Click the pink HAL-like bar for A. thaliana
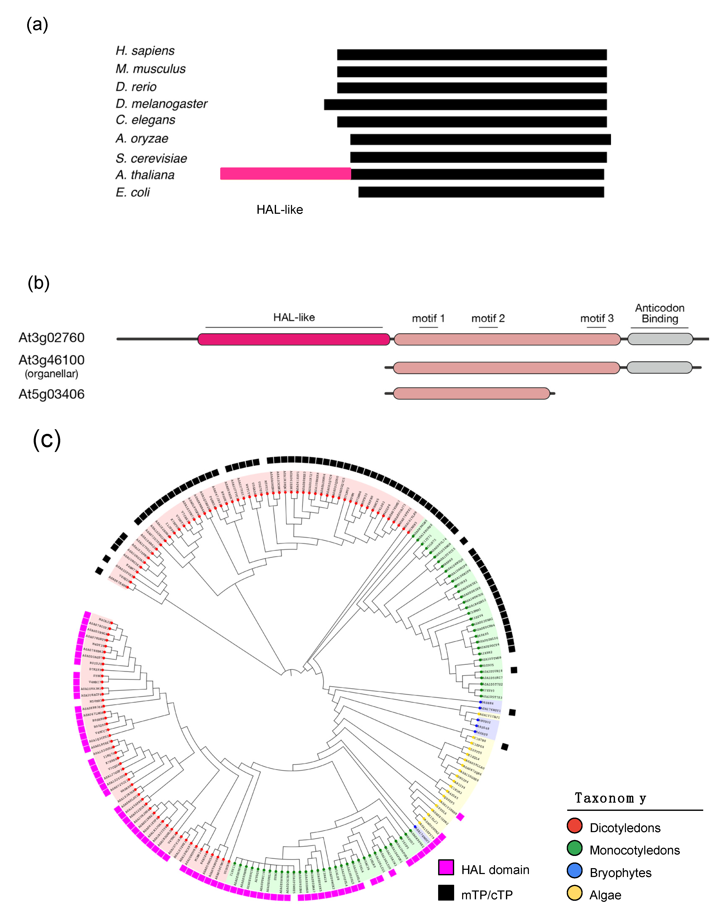pos(285,174)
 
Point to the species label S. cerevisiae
pos(151,158)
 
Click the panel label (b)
pos(39,283)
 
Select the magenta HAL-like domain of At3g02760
pos(294,339)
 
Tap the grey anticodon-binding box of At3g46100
pos(659,368)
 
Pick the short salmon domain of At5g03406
pos(471,393)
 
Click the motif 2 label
pos(488,318)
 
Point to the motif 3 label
pos(596,318)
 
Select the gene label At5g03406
pos(52,394)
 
